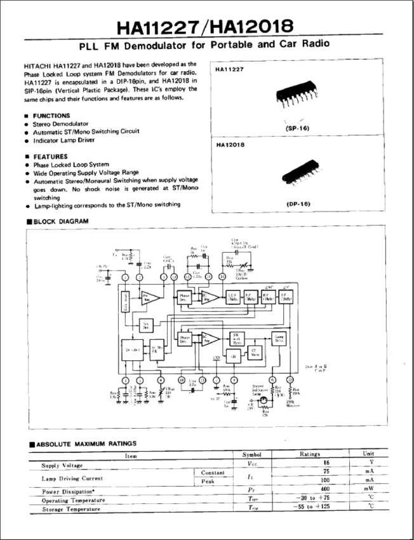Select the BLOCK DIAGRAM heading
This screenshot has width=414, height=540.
click(60, 221)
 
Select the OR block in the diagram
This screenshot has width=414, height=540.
click(234, 357)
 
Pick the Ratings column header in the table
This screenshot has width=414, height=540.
click(314, 454)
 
